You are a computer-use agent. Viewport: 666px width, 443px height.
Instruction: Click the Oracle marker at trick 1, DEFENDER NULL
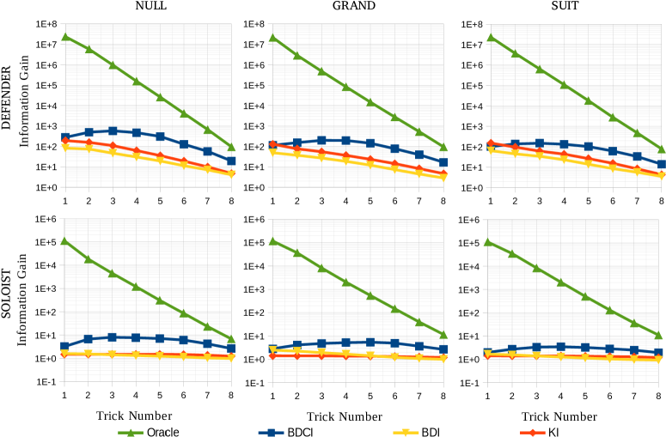pyautogui.click(x=65, y=37)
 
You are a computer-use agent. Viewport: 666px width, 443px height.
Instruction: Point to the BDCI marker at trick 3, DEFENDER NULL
pyautogui.click(x=113, y=130)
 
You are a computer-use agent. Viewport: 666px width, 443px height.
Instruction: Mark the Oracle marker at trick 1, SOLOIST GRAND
pyautogui.click(x=272, y=241)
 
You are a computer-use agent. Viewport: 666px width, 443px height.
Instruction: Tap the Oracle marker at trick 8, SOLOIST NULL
pyautogui.click(x=231, y=339)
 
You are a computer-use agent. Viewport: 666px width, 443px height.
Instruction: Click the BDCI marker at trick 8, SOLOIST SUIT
pyautogui.click(x=661, y=352)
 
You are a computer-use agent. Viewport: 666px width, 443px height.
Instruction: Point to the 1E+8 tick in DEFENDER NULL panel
pyautogui.click(x=46, y=23)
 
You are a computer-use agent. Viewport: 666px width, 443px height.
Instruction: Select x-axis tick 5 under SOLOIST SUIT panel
pyautogui.click(x=588, y=395)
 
